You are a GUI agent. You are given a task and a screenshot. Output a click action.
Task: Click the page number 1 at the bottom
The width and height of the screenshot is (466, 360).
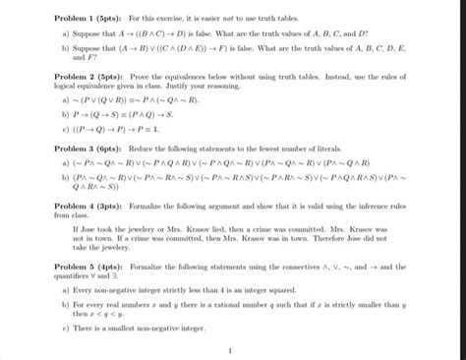[228, 350]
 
